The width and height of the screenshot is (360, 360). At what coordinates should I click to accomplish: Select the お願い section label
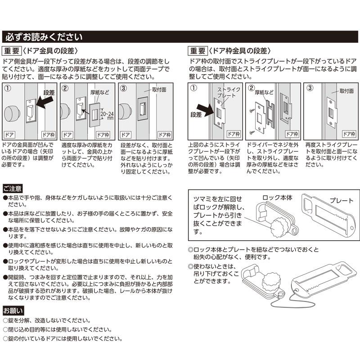point(13,310)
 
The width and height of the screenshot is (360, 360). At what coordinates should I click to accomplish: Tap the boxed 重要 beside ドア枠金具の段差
point(198,51)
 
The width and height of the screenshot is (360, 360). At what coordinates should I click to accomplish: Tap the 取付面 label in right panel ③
point(346,91)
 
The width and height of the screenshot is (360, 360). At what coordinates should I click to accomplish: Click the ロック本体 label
point(277,197)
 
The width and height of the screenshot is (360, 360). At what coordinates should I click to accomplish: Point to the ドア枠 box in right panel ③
point(349,134)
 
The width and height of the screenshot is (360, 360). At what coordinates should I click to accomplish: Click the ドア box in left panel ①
point(9,134)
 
